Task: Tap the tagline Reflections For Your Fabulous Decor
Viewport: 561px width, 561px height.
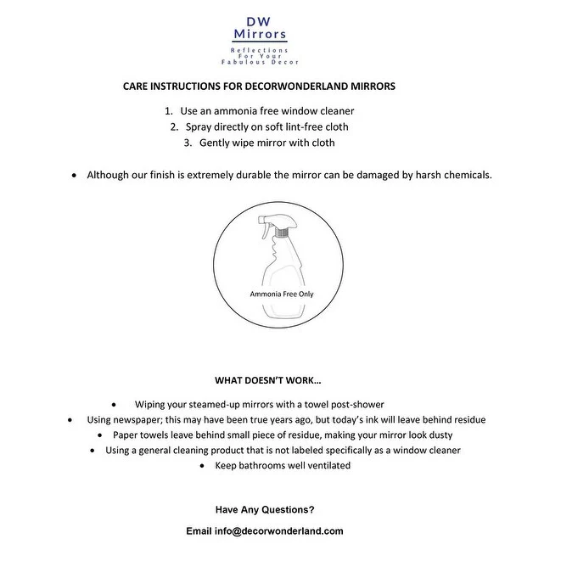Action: tap(261, 57)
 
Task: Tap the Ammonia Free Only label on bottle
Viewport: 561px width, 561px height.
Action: tap(280, 293)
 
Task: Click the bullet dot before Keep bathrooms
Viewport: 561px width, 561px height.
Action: tap(202, 466)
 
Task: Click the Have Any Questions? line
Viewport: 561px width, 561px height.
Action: tap(265, 509)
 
